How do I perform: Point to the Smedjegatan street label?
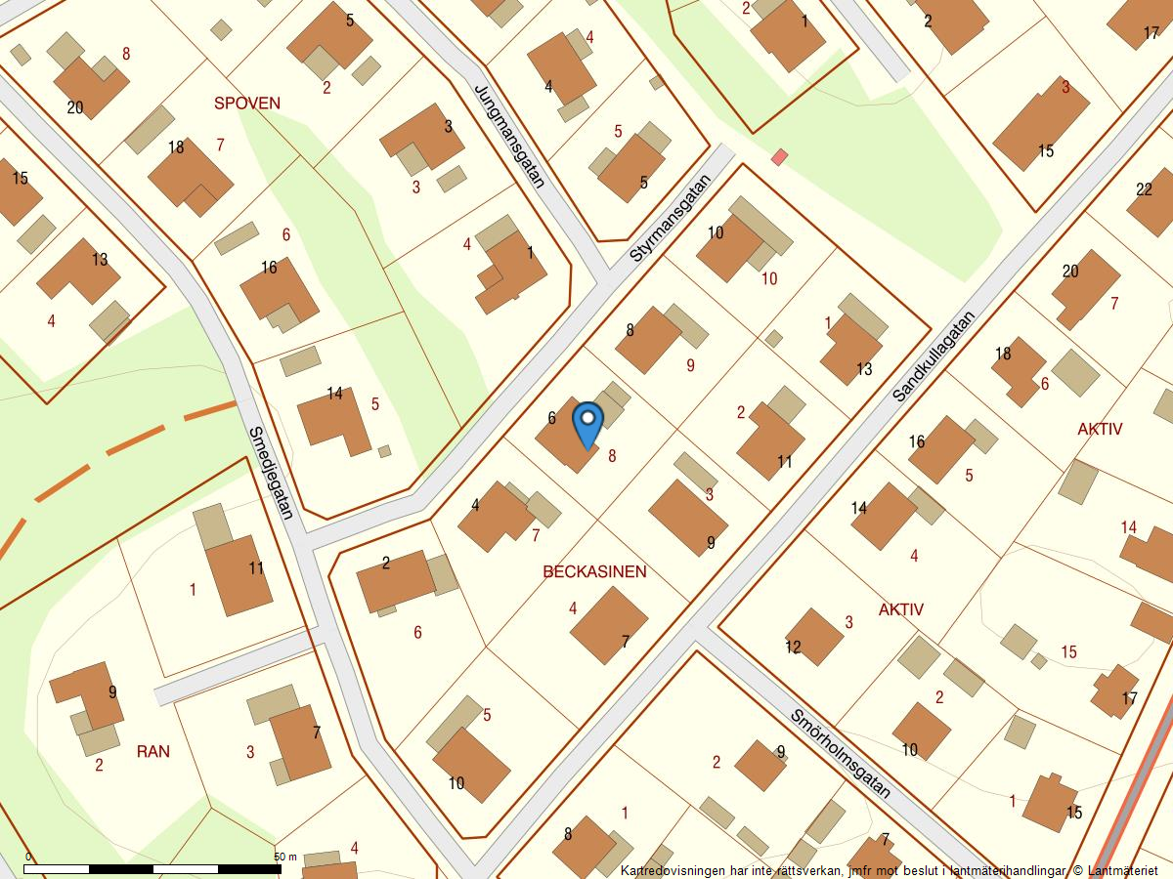[x=271, y=473]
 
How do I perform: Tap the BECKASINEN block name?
[x=594, y=571]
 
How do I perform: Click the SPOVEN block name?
[x=247, y=103]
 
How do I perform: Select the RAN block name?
[x=153, y=751]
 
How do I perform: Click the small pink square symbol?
[x=779, y=157]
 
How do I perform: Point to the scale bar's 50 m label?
[x=285, y=857]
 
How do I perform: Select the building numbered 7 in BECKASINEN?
[x=609, y=625]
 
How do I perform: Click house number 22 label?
[x=1145, y=189]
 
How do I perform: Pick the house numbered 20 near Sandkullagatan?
[x=1086, y=288]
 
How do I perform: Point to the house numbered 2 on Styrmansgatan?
[x=396, y=580]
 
